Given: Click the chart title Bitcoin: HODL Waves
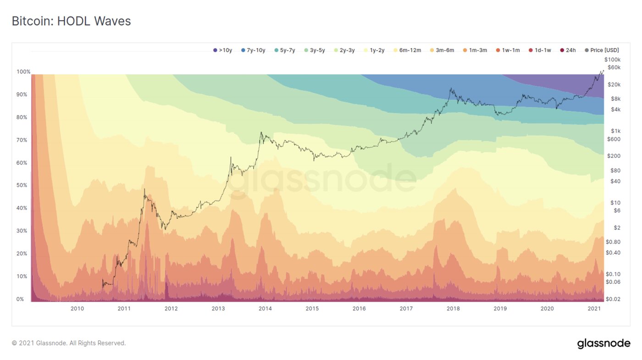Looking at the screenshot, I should click(x=71, y=21).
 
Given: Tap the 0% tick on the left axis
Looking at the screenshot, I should click(x=21, y=299).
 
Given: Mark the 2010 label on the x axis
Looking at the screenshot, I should click(x=77, y=309).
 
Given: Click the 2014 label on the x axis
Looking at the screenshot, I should click(x=265, y=309).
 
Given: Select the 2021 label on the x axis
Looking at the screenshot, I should click(x=594, y=309).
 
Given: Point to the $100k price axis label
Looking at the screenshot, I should click(x=612, y=60).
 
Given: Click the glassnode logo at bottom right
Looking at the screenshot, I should click(x=603, y=343).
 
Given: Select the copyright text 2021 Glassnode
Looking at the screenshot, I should click(x=69, y=343).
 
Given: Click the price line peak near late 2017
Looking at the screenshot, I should click(x=451, y=89).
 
